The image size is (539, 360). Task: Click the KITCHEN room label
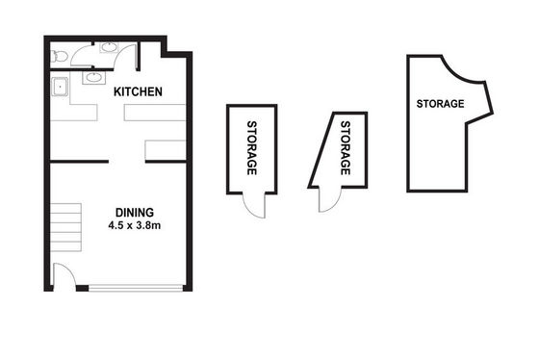[138, 91]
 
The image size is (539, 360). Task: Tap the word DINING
[135, 213]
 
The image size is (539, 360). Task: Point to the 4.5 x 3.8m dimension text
[135, 225]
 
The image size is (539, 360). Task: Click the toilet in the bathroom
[59, 56]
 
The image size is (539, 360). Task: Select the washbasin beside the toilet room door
[109, 47]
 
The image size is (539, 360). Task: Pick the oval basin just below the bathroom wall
[94, 78]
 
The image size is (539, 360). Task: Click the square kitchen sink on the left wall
[60, 87]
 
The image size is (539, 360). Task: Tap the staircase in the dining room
[66, 227]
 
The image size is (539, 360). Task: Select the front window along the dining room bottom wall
[136, 288]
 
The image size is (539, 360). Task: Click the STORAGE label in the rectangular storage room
[252, 148]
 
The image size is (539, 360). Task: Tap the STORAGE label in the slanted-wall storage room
[346, 148]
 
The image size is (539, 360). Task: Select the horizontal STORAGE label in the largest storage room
[440, 104]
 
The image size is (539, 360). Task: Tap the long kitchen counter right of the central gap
[155, 113]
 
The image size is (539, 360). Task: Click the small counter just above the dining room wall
[166, 150]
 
